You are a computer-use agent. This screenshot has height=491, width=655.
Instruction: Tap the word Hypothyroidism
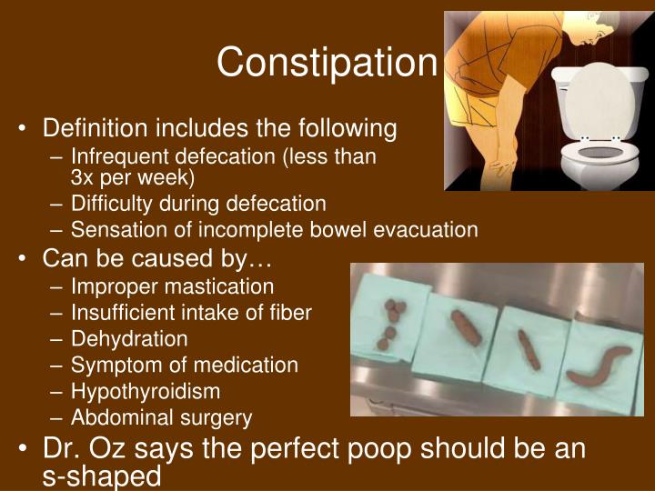(x=146, y=392)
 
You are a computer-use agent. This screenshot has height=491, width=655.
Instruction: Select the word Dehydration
(x=129, y=339)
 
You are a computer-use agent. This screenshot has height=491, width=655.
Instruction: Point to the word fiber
(x=287, y=313)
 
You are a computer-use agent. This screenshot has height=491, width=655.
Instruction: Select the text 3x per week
(x=133, y=176)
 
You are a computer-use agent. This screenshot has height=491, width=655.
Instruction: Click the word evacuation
(x=423, y=230)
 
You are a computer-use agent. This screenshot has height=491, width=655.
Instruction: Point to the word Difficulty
(x=113, y=204)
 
